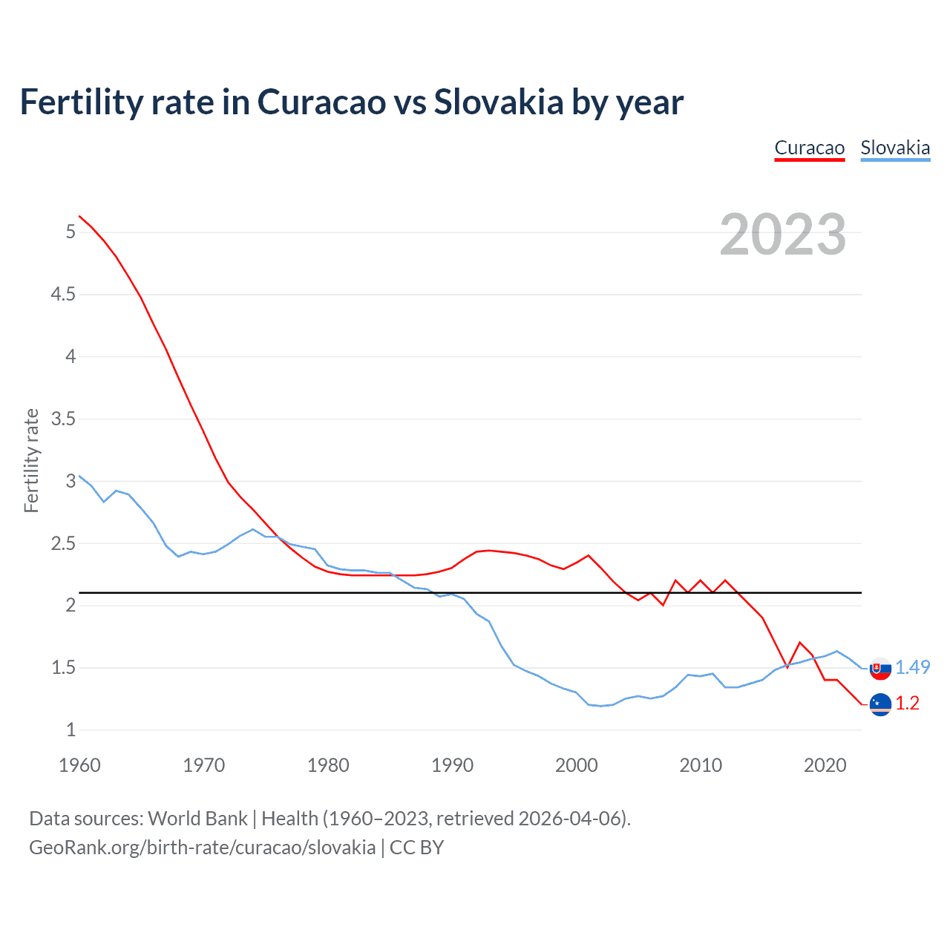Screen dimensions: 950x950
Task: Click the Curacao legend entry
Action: coord(809,148)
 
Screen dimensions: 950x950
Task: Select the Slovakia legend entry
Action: coord(895,148)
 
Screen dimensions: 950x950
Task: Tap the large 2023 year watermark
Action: coord(783,235)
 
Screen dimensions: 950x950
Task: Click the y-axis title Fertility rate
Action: coord(31,460)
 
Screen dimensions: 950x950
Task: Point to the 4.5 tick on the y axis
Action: coord(63,295)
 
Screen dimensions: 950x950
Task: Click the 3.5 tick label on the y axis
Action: coord(63,419)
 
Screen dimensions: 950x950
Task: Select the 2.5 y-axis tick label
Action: coord(63,544)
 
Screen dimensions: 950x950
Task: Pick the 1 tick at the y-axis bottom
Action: coord(71,730)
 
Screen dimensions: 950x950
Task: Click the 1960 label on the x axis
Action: coord(79,765)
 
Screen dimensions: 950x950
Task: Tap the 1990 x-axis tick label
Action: coord(452,765)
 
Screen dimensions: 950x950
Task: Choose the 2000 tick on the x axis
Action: coord(576,765)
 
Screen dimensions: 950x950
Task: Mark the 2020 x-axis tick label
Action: coord(825,765)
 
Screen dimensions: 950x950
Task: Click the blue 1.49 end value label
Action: coord(912,667)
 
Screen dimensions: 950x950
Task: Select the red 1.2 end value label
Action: coord(907,703)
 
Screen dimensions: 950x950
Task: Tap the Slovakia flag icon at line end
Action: coord(880,668)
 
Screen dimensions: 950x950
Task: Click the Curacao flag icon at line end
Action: coord(880,704)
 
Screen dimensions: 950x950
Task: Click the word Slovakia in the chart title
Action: coord(499,102)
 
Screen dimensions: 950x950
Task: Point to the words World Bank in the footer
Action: coord(197,819)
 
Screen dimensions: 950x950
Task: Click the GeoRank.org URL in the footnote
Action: coord(202,848)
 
